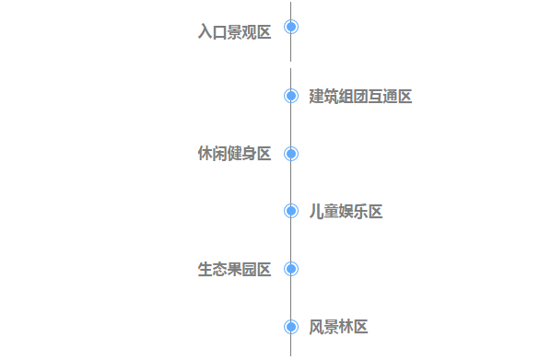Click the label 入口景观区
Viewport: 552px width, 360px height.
click(235, 32)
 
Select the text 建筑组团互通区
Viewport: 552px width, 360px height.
click(360, 97)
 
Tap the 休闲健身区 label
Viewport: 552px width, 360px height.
click(235, 154)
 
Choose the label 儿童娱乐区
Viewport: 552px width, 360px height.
click(346, 212)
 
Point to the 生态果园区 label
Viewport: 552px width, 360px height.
click(235, 269)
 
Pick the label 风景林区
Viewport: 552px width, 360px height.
click(338, 327)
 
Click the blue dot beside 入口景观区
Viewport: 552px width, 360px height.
click(291, 27)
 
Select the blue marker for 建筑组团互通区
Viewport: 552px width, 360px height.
click(291, 96)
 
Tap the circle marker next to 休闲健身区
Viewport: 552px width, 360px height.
click(291, 154)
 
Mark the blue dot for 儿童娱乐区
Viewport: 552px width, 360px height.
click(291, 211)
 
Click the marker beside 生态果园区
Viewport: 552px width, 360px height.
click(291, 269)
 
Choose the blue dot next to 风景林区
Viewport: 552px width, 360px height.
click(291, 326)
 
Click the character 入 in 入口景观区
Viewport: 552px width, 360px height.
click(206, 32)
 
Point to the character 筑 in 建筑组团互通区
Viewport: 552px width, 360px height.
click(331, 97)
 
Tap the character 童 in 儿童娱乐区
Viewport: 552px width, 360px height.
click(331, 212)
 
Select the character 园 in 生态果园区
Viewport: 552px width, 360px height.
click(250, 269)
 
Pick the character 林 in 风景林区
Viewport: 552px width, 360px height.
click(346, 327)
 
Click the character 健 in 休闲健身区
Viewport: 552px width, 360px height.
click(235, 154)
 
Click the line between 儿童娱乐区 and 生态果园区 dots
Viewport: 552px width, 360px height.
click(291, 240)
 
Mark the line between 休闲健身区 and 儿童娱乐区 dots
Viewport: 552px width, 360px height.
click(291, 182)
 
